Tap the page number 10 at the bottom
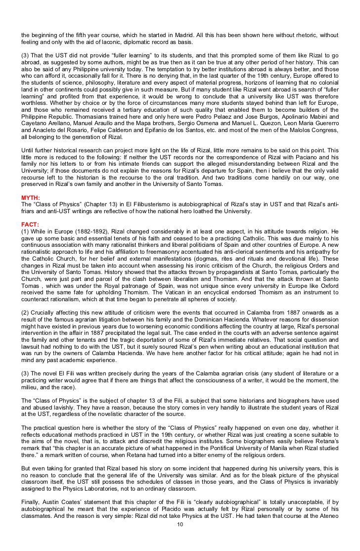[x=180, y=537]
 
